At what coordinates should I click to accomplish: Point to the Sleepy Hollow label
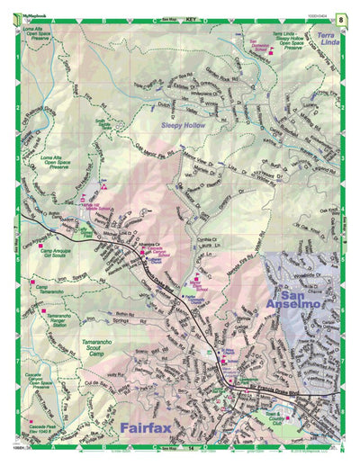click(x=184, y=125)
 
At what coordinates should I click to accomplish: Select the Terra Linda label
click(x=330, y=38)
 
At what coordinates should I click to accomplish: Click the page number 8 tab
click(x=342, y=18)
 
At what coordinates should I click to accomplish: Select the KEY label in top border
click(x=191, y=18)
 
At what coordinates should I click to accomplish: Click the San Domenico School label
click(x=258, y=47)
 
